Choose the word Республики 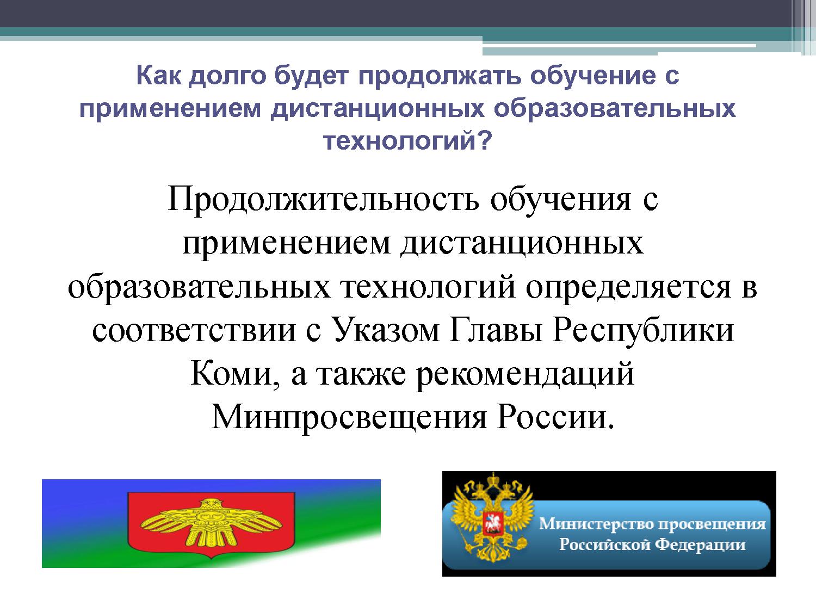[x=644, y=331]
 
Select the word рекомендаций [x=525, y=374]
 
